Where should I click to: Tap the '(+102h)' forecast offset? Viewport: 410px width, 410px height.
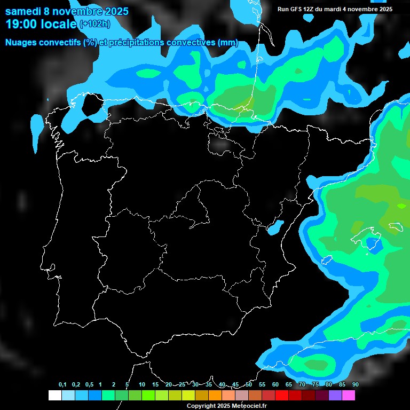[94, 23]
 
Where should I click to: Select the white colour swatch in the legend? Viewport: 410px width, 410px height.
[54, 396]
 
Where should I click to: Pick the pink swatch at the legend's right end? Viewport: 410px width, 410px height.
[348, 396]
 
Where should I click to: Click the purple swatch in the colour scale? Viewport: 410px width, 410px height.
[335, 396]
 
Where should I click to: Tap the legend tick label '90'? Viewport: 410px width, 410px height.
[355, 384]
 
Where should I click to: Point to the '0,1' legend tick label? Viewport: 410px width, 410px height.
[62, 384]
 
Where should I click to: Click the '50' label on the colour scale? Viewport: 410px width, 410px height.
[249, 384]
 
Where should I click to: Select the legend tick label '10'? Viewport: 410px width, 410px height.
[142, 384]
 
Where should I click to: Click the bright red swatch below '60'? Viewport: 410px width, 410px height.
[281, 396]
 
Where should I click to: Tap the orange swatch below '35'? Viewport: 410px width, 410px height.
[215, 396]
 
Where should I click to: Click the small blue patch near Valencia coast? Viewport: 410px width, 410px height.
[275, 228]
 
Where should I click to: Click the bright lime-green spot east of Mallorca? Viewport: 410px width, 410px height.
[401, 205]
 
